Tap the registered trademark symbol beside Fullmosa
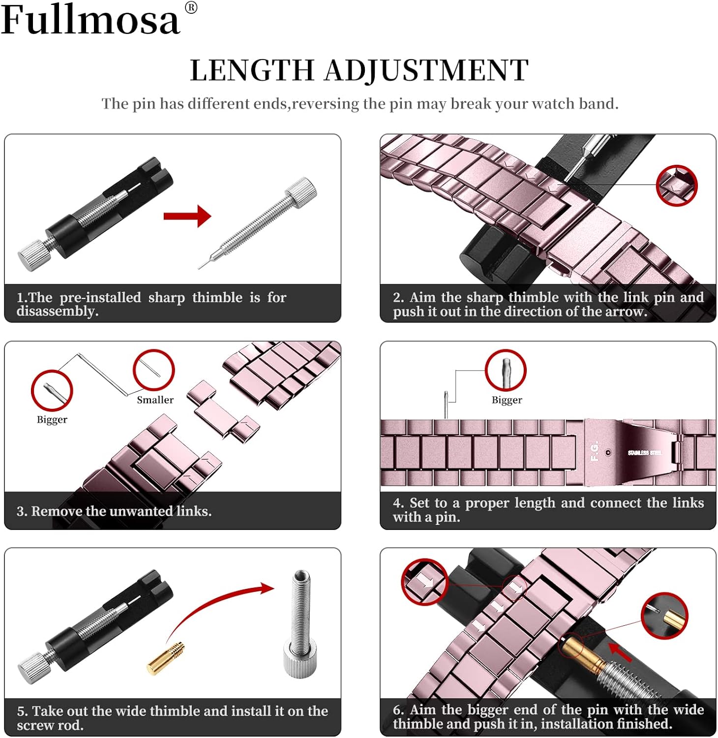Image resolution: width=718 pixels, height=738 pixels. point(191,8)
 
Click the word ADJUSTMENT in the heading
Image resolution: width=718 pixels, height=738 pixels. point(426,70)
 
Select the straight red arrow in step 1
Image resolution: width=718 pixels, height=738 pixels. point(187,216)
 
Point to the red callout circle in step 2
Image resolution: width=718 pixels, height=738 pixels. point(677,185)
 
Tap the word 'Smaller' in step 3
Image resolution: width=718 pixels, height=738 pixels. point(155,400)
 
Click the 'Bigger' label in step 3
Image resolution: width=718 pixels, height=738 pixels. point(52,420)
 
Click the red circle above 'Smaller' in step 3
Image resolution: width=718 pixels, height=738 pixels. point(153,370)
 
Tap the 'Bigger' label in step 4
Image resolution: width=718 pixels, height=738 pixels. point(507,400)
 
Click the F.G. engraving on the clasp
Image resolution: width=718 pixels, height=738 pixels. point(594,451)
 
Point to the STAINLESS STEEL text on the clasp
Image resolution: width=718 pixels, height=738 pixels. point(644,453)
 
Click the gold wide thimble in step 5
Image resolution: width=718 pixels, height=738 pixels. point(166,658)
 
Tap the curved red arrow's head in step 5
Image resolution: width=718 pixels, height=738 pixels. point(267,588)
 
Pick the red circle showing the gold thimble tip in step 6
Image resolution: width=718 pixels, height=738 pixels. point(664,615)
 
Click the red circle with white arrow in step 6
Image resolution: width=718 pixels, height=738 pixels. point(424,582)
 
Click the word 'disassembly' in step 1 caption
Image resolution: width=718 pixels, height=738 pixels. point(57,311)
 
